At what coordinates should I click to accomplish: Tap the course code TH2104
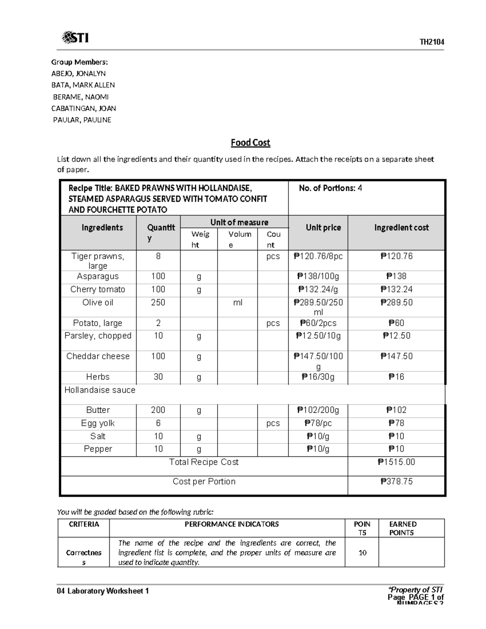pos(432,42)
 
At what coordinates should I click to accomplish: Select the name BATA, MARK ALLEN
pos(83,85)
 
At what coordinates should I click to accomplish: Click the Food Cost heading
pos(250,143)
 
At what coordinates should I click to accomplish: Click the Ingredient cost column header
pos(401,228)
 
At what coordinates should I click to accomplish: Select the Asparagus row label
pos(98,276)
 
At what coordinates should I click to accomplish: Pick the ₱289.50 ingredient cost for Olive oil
pos(396,303)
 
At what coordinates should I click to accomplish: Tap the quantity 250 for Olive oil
pos(158,303)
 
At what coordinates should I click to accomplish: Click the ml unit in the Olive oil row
pos(238,303)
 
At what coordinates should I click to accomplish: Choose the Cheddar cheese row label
pos(98,356)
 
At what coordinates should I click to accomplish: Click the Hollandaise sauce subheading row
pos(100,390)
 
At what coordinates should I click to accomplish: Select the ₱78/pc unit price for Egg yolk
pos(318,423)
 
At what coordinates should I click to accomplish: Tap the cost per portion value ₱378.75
pos(396,482)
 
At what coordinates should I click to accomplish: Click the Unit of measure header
pos(239,222)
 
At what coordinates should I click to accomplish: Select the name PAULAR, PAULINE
pos(82,120)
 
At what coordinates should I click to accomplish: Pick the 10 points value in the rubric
pos(362,552)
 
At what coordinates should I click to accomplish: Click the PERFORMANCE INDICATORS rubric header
pos(232,524)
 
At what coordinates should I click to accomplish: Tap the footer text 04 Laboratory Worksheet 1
pos(103,591)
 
